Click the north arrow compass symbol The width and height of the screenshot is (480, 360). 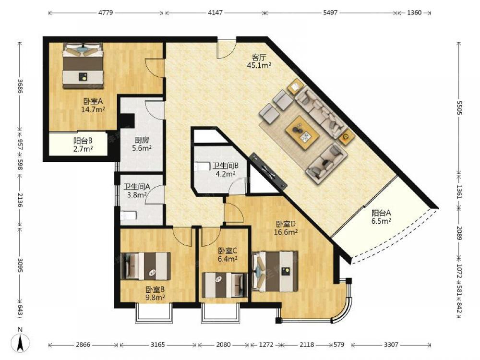pyautogui.click(x=20, y=341)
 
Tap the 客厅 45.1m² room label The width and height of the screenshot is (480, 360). pyautogui.click(x=259, y=61)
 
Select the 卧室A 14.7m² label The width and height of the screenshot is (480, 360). pyautogui.click(x=93, y=105)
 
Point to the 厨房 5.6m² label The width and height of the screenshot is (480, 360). pyautogui.click(x=142, y=144)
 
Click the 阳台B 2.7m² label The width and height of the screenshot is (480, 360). pyautogui.click(x=83, y=145)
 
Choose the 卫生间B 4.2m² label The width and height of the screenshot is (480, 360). pyautogui.click(x=225, y=170)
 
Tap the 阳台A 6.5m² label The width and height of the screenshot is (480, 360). pyautogui.click(x=381, y=217)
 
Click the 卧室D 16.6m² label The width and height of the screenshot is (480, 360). pyautogui.click(x=286, y=228)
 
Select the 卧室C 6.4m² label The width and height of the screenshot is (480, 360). pyautogui.click(x=228, y=255)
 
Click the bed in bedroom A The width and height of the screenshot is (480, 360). pyautogui.click(x=83, y=66)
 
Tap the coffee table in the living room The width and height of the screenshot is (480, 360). pyautogui.click(x=302, y=132)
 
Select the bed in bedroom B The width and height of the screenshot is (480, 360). pyautogui.click(x=146, y=266)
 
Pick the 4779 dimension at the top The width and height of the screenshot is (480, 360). pyautogui.click(x=106, y=13)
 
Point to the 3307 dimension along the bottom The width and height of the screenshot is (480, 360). pyautogui.click(x=391, y=345)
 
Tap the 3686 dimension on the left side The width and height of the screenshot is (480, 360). pyautogui.click(x=20, y=86)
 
